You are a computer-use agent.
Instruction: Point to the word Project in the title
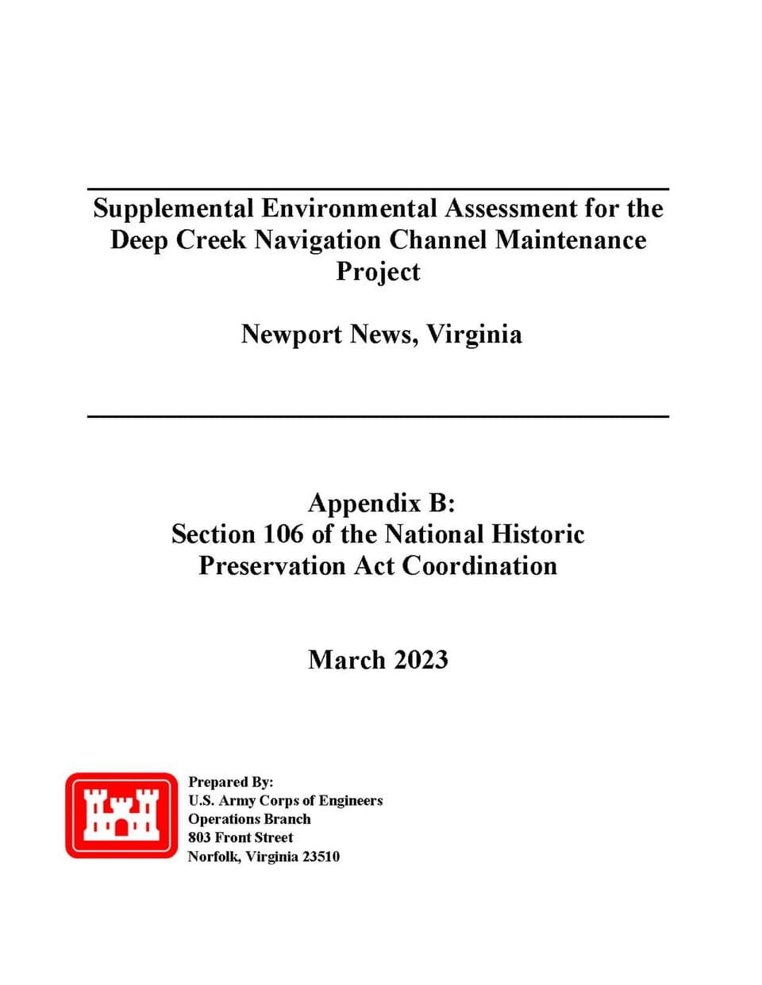point(378,271)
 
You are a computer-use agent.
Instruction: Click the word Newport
point(291,334)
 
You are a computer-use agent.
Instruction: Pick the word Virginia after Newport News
point(475,334)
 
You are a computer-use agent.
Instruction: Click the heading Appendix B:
point(381,503)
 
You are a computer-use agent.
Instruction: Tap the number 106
point(283,534)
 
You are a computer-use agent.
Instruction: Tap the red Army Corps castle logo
point(121,815)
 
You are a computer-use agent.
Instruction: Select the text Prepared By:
point(230,782)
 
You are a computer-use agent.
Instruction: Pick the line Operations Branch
point(249,819)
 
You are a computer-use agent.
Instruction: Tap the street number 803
point(199,837)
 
